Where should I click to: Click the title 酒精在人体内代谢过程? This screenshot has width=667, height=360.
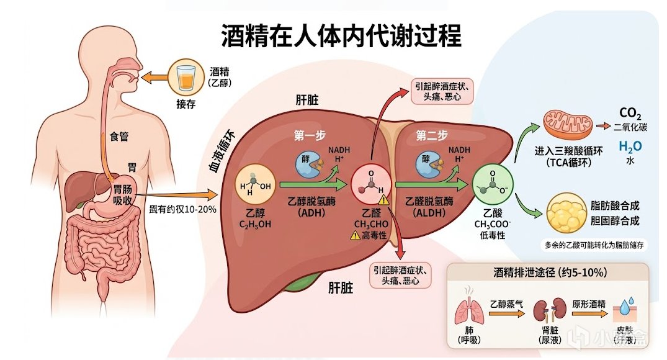click(x=341, y=36)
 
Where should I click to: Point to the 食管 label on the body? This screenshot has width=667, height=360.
click(x=119, y=137)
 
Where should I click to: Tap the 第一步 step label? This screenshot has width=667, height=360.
click(x=310, y=135)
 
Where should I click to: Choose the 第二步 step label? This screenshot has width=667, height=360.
click(x=431, y=135)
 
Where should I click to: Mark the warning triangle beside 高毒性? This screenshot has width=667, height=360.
click(x=354, y=235)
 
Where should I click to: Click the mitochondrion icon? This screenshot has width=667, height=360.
click(x=564, y=123)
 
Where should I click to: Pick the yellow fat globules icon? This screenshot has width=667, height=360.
click(x=565, y=213)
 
